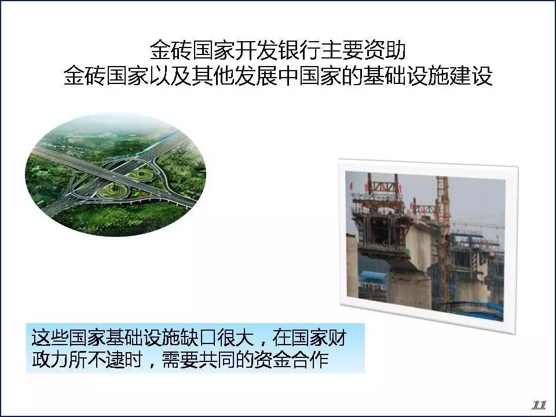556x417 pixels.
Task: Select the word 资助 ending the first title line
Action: tap(385, 50)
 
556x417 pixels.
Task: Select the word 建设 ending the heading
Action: tap(471, 75)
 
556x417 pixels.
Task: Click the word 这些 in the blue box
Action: tap(50, 337)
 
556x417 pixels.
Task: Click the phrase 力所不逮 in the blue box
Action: tap(87, 360)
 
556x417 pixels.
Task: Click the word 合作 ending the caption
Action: tap(310, 360)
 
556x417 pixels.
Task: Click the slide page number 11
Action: tap(539, 405)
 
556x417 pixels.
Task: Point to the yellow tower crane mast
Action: tap(443, 241)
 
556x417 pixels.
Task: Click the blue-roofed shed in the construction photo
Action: tap(372, 279)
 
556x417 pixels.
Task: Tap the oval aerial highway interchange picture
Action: tap(116, 174)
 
